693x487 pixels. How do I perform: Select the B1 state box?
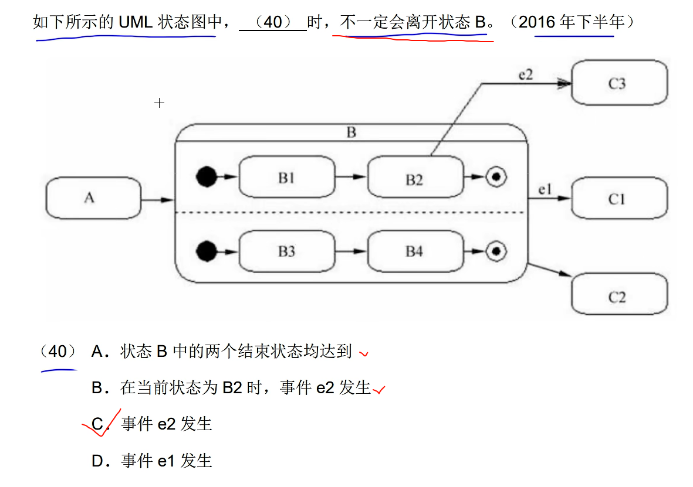pos(286,176)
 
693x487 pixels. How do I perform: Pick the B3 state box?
pos(286,251)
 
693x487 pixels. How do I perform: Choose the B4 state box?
pos(414,251)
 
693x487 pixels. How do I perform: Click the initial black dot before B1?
pos(206,176)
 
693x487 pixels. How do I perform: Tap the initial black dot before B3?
pos(206,251)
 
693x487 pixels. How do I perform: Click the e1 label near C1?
pos(545,189)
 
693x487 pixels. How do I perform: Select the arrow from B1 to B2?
pos(351,176)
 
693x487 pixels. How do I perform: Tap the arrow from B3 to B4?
pos(351,251)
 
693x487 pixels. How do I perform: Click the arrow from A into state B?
pos(158,200)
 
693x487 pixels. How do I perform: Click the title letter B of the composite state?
pos(351,132)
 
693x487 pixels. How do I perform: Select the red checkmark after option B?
pos(380,389)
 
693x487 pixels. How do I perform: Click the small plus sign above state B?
pos(159,103)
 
